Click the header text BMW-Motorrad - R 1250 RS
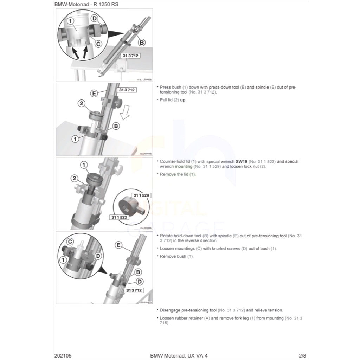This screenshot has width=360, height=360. pos(81,5)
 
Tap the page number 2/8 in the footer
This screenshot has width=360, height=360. pos(302,355)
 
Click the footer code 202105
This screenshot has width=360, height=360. pos(63,355)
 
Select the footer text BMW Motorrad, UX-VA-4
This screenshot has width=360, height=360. pos(179,355)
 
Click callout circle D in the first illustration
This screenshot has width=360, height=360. pos(95,18)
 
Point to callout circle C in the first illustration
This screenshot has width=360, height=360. pos(98,44)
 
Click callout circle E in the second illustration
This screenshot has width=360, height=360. pos(94,94)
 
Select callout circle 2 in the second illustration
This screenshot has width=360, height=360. pos(81,103)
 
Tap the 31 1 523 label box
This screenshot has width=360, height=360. pos(120,218)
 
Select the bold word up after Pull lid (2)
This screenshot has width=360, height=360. pos(183,100)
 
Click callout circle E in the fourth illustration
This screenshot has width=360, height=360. pos(119,245)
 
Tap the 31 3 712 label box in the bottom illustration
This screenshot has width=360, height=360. pos(134,290)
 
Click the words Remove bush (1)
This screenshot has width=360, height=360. pos(176,256)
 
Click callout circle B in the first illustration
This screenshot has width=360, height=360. pos(142,43)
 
